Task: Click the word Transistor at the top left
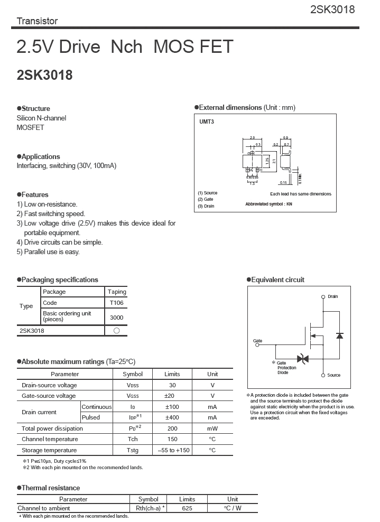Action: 37,21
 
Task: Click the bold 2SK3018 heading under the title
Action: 44,75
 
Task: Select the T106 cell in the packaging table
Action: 116,303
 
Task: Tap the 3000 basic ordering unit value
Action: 116,317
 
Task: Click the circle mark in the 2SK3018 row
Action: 116,331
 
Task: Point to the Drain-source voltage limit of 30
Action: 172,385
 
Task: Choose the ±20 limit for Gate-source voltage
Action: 172,396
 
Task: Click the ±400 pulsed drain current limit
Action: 172,417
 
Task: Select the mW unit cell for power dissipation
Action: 212,428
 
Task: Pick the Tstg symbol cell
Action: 132,450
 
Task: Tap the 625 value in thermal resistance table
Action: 187,508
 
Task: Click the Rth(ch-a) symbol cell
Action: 148,508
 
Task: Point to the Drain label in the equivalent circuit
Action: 332,297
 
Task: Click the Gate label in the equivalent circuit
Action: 257,341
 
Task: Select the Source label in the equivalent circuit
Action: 333,375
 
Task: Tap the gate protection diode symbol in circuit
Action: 303,359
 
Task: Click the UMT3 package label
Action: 206,122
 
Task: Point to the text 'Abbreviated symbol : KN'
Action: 268,204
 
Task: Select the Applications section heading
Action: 40,156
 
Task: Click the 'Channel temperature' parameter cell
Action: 50,439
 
